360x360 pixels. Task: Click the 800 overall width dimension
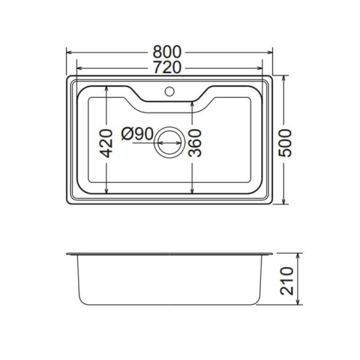tap(170, 52)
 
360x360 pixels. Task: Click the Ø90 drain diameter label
tap(137, 133)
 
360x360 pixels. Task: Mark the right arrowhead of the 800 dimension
tap(272, 52)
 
